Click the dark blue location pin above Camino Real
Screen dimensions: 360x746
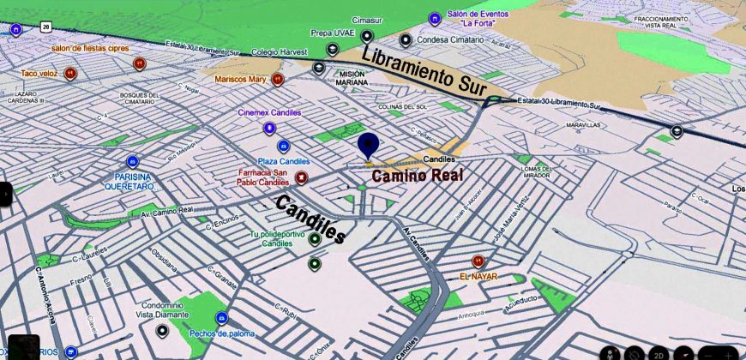[369, 147]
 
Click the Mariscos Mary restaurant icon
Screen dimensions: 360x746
[277, 80]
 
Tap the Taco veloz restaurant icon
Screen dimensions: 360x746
[71, 74]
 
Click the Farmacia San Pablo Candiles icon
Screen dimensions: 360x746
[301, 177]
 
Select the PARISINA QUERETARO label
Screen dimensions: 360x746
[129, 181]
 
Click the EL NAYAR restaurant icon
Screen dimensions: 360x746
[478, 262]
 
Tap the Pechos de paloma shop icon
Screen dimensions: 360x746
[221, 318]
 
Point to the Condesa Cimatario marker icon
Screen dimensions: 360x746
[406, 39]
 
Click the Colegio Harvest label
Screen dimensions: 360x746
[280, 51]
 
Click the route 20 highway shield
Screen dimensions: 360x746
[45, 27]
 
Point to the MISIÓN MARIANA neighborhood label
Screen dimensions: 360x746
[352, 78]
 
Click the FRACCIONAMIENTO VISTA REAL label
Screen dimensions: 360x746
[673, 23]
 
